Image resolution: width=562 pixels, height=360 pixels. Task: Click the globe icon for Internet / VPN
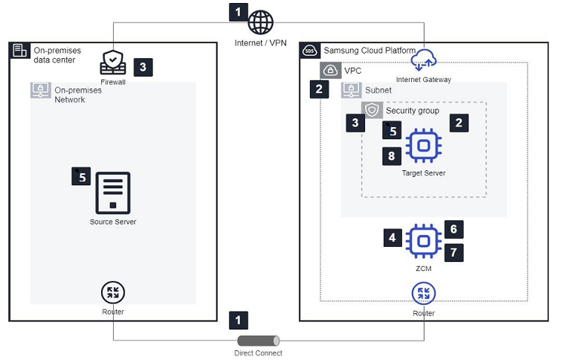coord(261,22)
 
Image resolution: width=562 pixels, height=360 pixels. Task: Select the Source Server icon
coord(113,193)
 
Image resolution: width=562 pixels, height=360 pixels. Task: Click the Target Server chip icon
coord(423,146)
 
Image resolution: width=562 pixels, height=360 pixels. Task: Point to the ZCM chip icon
coord(423,240)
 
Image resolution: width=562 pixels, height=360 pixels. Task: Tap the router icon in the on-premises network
coord(113,292)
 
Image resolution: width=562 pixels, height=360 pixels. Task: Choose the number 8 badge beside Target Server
coord(393,155)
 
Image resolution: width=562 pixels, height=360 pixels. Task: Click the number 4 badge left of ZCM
coord(393,238)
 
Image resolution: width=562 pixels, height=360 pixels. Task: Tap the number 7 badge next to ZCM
coord(454,253)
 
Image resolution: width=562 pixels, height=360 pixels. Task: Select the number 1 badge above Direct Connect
coord(238,321)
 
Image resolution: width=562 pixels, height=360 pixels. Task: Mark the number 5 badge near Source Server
coord(81,176)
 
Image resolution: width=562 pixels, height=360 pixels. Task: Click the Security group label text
coord(413,110)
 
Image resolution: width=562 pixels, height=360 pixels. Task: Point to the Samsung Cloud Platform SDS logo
coord(310,51)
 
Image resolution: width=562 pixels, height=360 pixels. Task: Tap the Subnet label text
coord(378,90)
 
